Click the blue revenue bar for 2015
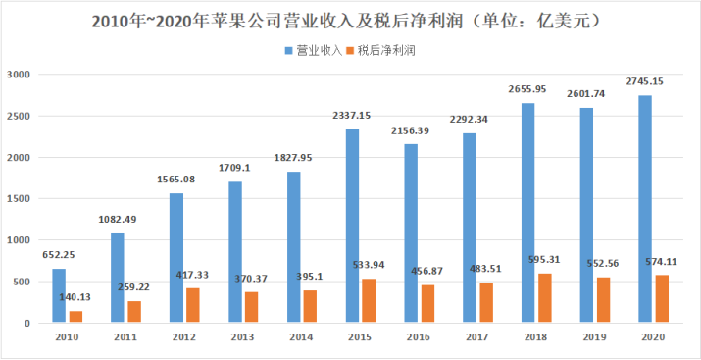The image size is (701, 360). pos(352,226)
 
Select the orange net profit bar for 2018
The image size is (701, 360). pos(545,298)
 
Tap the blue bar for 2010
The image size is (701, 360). pos(59,295)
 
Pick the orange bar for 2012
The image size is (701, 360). pos(193,305)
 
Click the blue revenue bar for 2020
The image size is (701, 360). pos(645,209)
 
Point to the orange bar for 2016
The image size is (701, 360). pos(427,304)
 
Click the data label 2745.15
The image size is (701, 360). pos(645,81)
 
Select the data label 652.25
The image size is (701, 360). pos(59,255)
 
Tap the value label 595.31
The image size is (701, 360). pos(543,260)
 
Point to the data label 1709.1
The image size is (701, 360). pos(234,168)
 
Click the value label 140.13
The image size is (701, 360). pos(75,297)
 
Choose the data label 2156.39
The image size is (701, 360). pos(411,131)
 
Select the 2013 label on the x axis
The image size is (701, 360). pos(242,337)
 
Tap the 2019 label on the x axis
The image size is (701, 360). pos(594,337)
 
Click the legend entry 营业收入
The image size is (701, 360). pos(314,51)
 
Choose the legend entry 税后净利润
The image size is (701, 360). pos(381,51)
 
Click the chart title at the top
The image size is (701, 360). pos(345,21)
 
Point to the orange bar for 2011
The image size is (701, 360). pos(134,312)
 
